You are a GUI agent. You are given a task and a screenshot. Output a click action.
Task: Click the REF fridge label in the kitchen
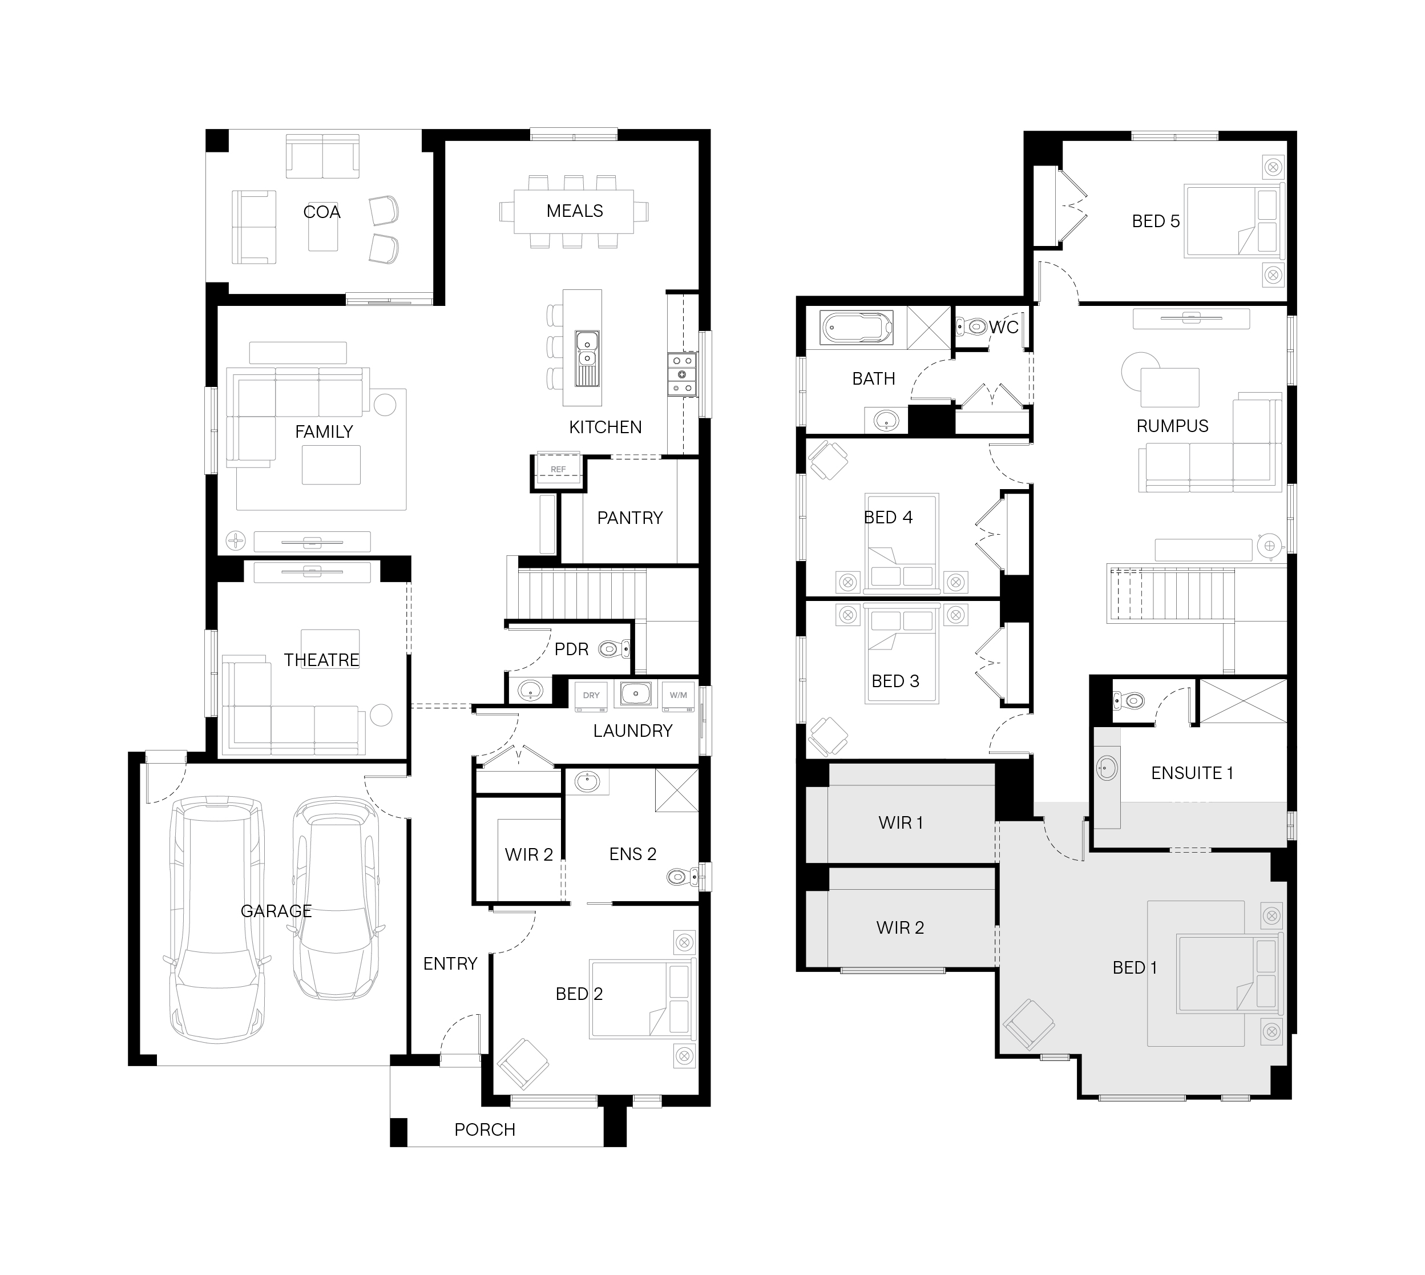pyautogui.click(x=558, y=469)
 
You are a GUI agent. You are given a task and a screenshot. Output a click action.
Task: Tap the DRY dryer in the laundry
pyautogui.click(x=591, y=696)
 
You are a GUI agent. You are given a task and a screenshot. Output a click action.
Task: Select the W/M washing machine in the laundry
pyautogui.click(x=678, y=696)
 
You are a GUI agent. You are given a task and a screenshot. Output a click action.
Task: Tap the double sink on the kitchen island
pyautogui.click(x=587, y=358)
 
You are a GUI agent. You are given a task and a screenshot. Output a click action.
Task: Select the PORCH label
pyautogui.click(x=485, y=1129)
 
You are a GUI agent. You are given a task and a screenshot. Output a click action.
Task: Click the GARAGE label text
pyautogui.click(x=276, y=911)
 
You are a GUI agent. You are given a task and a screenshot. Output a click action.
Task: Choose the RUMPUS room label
pyautogui.click(x=1172, y=426)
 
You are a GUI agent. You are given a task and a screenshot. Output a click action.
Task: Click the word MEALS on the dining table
pyautogui.click(x=575, y=211)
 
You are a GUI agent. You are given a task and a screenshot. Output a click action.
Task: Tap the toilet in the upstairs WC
pyautogui.click(x=972, y=326)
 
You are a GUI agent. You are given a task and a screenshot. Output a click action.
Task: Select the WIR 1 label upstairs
pyautogui.click(x=901, y=822)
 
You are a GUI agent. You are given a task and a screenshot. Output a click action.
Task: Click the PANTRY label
pyautogui.click(x=630, y=518)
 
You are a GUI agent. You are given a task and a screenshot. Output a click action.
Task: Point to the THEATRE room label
pyautogui.click(x=321, y=660)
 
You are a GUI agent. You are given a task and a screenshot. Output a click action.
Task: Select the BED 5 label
pyautogui.click(x=1156, y=221)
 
